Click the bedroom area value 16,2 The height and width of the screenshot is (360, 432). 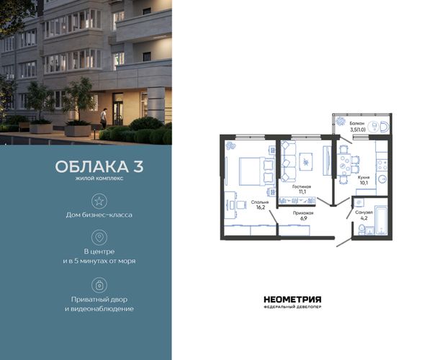point(261,207)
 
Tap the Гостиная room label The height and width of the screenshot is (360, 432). point(302,186)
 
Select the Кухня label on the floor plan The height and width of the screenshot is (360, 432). point(364,178)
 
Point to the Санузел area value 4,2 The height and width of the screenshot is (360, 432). point(364,218)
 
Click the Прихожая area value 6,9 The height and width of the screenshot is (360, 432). point(303,218)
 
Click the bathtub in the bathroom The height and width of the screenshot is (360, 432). point(381,220)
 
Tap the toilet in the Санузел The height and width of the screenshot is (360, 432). point(361,230)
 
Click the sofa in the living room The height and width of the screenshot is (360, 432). point(289,161)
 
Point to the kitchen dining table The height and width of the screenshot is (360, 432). point(344,165)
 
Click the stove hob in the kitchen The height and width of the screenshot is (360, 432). point(382,164)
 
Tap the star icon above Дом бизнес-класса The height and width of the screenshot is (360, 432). point(99,201)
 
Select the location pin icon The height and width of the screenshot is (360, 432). point(99,238)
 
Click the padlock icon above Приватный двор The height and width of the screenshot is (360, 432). point(99,285)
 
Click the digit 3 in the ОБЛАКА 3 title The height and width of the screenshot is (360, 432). point(138,166)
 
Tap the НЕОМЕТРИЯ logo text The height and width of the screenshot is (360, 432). point(292,300)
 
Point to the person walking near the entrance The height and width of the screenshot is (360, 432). point(103,118)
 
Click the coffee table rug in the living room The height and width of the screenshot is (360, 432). point(306,162)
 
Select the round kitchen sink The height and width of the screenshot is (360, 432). point(382,179)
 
